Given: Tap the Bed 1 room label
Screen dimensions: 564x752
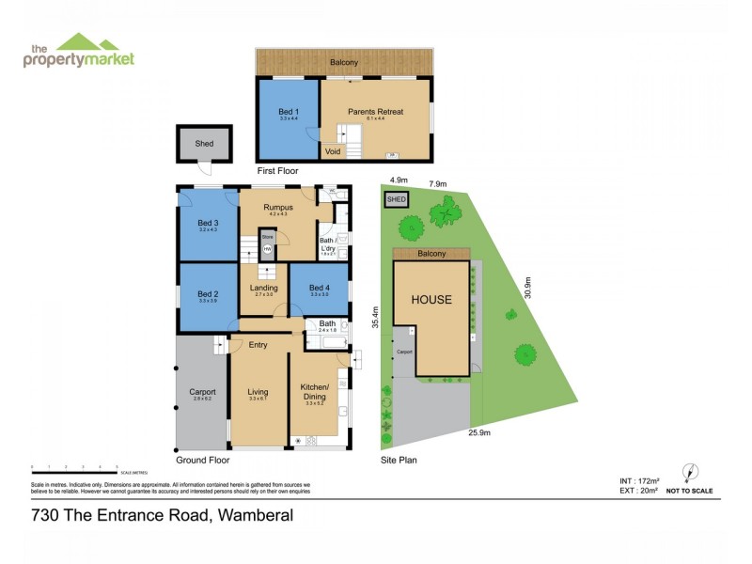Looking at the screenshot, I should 289,112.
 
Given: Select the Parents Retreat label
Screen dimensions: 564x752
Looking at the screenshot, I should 375,112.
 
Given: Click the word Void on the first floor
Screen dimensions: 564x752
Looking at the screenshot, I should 333,150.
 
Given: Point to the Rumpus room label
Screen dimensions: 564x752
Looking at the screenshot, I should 278,207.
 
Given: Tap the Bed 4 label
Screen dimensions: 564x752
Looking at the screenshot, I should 320,288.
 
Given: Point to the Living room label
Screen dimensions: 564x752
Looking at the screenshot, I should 258,392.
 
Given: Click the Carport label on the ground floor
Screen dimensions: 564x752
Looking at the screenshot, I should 202,392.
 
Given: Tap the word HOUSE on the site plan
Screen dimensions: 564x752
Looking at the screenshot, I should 430,301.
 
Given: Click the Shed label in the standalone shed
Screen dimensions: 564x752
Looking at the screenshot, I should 204,144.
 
